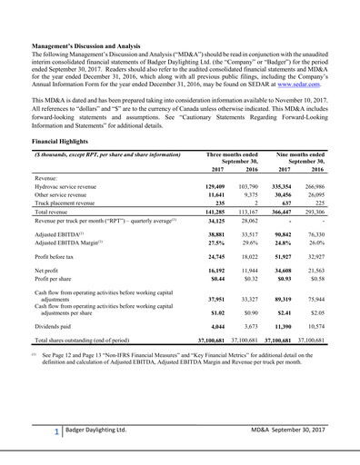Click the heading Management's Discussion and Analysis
(x=87, y=45)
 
